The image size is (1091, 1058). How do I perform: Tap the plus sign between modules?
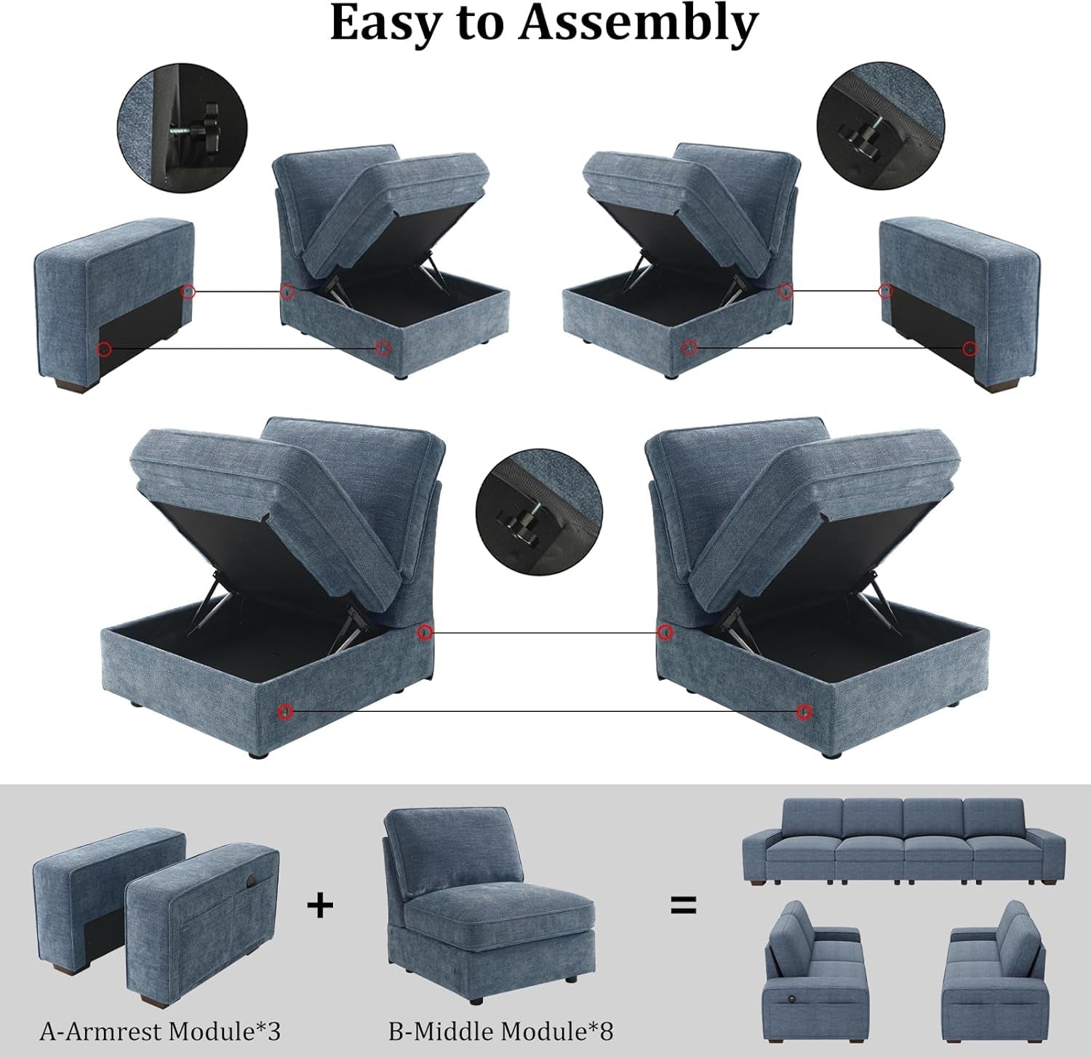320,905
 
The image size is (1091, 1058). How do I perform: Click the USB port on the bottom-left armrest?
250,881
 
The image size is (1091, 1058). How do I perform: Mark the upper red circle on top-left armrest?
188,292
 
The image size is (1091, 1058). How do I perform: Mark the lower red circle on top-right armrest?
970,349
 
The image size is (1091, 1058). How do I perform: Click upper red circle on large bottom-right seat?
664,633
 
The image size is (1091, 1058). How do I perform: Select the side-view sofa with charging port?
812,963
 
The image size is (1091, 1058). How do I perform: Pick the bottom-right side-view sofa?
994,963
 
